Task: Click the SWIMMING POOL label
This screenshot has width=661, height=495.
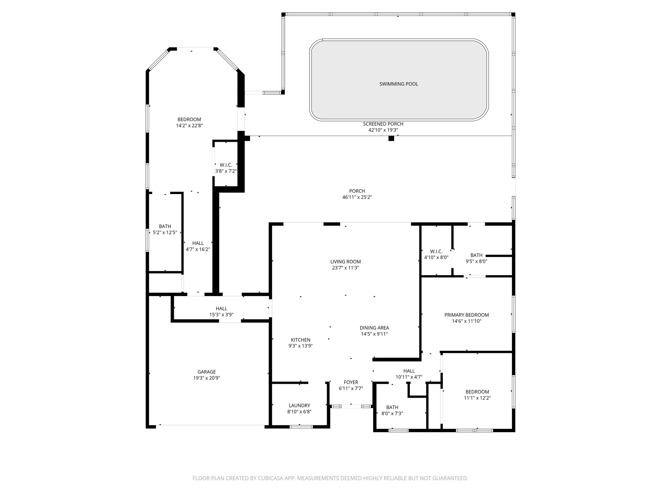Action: point(399,84)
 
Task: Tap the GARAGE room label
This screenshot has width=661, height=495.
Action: point(207,372)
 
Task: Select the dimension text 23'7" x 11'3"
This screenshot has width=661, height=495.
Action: point(345,268)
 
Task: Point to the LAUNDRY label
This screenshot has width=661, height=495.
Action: point(299,405)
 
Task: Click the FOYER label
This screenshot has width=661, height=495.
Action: point(351,382)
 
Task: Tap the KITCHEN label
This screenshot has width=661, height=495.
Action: point(300,340)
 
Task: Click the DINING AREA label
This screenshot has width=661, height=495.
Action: point(374,328)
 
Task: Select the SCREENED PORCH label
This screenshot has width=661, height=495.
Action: point(383,124)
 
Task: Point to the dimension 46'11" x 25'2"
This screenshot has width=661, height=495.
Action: point(357,197)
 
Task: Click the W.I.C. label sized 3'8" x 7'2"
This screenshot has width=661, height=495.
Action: point(226,165)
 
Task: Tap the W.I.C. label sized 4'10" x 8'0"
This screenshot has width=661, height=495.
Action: point(436,251)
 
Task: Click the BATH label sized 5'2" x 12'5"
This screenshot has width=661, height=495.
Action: point(165,226)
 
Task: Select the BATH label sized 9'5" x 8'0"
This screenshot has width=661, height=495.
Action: point(476,255)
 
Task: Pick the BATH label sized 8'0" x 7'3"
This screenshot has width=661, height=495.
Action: point(392,407)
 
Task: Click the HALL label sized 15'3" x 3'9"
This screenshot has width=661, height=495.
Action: point(221,308)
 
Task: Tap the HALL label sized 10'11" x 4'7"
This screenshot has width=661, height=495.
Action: point(409,371)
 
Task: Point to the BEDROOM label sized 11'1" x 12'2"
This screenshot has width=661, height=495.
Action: point(477,392)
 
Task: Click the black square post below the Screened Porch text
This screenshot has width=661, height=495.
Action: point(391,139)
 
